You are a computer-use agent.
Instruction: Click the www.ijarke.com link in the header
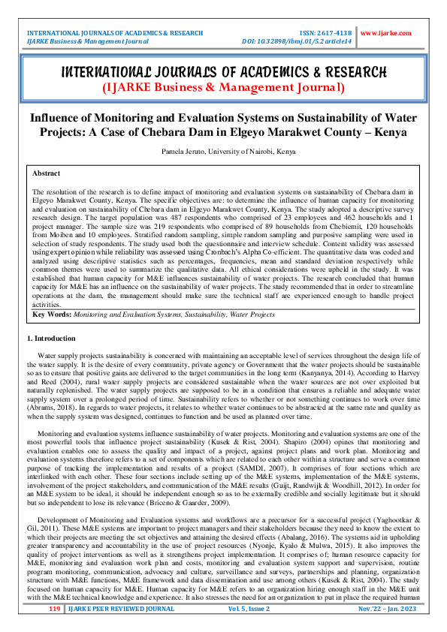point(386,34)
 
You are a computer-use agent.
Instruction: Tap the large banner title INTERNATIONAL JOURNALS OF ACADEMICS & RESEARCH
point(223,73)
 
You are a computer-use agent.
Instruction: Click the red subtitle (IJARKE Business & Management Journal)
point(223,88)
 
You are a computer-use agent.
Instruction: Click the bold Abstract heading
point(47,173)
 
